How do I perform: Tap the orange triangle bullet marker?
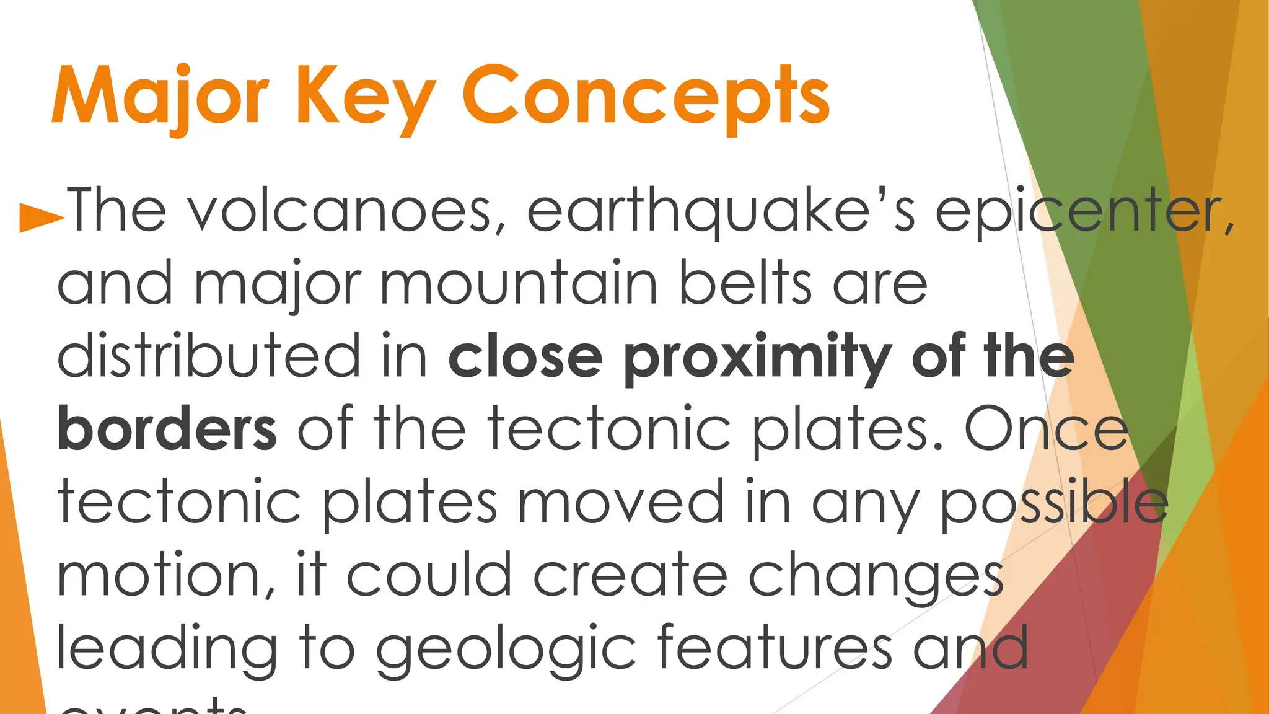42,216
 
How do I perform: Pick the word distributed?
209,356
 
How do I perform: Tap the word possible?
1054,502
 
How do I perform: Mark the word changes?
876,576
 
